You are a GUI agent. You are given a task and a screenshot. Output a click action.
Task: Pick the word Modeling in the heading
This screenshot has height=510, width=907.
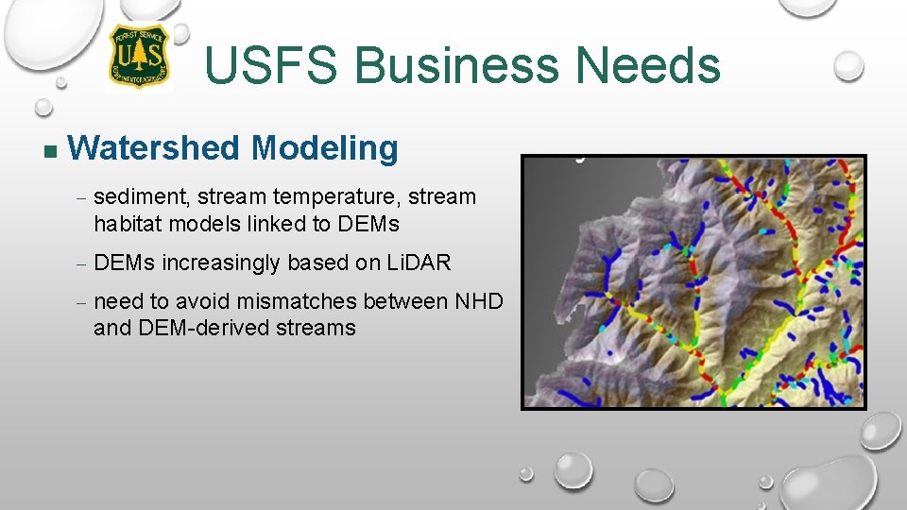point(325,148)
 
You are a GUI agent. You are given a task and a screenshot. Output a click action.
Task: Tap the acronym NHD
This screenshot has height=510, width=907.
point(479,301)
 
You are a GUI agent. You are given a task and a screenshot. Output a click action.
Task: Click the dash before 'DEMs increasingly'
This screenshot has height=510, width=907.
point(81,263)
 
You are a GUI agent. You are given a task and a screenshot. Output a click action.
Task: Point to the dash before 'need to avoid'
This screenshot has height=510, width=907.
point(81,302)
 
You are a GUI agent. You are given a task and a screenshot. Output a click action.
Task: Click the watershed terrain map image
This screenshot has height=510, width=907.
point(693,282)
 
